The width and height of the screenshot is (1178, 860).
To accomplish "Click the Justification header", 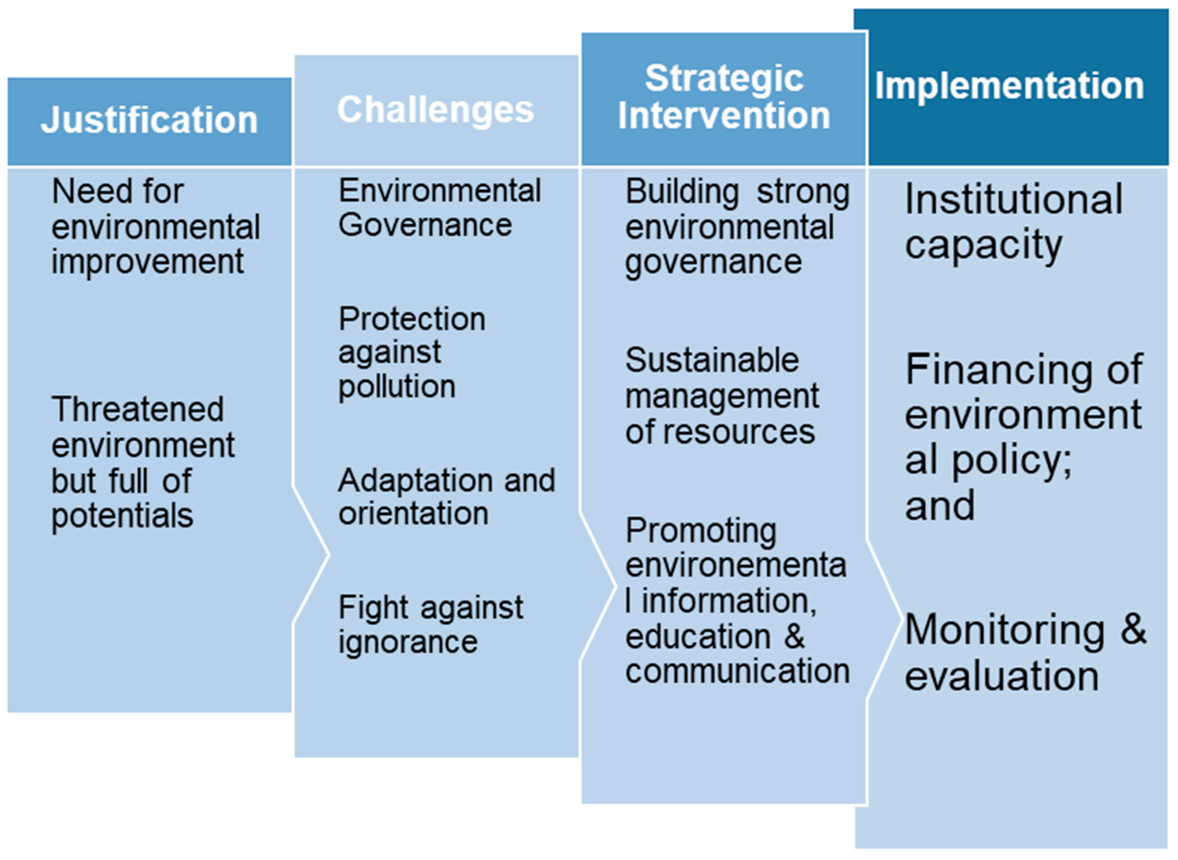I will pos(149,120).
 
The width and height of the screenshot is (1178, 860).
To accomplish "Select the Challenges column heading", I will pos(435,110).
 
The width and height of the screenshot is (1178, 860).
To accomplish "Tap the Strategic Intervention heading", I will pos(724,98).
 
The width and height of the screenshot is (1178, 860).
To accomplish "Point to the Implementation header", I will pos(1009,86).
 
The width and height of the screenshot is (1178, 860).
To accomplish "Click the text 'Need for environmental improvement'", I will pos(155,226).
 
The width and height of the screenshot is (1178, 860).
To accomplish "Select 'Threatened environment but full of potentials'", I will pos(143,462).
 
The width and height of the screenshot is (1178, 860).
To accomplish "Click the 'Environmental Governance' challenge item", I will pos(439,208).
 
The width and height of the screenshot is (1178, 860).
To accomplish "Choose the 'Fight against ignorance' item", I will pos(430,625).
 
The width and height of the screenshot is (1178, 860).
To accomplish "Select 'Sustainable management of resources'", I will pos(721,396).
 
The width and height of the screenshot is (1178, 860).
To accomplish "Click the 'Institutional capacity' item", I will pos(1013,221).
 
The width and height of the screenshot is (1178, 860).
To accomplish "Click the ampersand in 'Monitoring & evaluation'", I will pos(1133,629).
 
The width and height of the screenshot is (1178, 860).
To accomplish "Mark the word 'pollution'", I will pos(397,387).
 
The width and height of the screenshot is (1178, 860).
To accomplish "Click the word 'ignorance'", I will pos(408,642).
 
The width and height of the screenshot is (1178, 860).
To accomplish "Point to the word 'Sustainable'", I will pos(712,360).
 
